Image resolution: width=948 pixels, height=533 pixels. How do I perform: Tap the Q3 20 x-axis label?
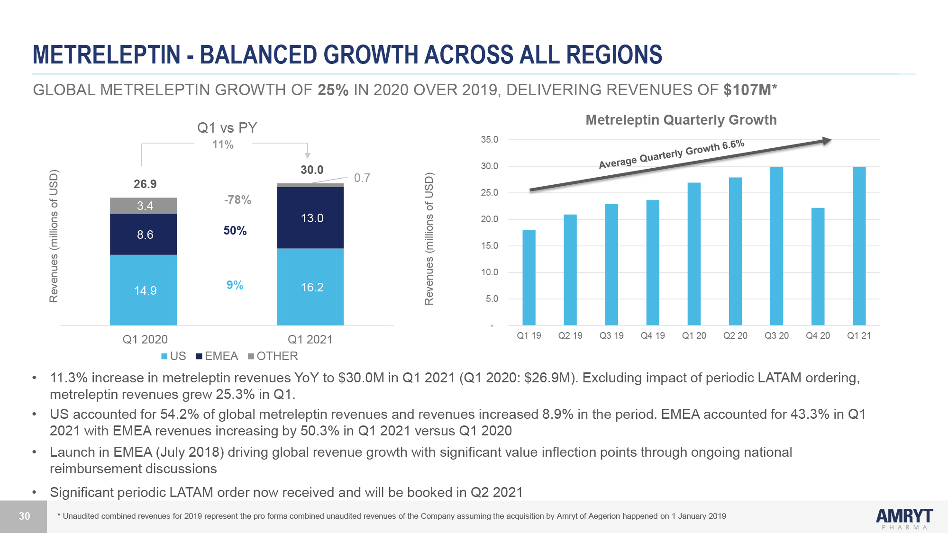pos(776,336)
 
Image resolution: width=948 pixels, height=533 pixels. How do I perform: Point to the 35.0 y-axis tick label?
pos(489,140)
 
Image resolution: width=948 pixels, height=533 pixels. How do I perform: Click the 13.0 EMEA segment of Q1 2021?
pos(310,218)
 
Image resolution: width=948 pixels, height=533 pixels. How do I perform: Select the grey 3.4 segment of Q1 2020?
pos(144,206)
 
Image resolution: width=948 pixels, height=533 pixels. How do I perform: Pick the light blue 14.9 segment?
pos(144,290)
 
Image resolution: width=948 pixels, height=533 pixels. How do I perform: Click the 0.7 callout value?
pos(362,178)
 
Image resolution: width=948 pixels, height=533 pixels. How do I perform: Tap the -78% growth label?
pos(237,200)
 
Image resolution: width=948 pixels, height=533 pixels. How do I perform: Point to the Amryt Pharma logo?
pos(904,518)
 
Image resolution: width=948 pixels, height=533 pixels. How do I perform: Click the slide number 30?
pos(24,516)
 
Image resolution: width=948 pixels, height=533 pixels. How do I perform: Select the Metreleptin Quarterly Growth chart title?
pos(681,120)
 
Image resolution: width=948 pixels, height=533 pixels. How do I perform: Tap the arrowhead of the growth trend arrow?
pos(827,140)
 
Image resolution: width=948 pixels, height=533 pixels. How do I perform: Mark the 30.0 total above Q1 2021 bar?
pos(312,170)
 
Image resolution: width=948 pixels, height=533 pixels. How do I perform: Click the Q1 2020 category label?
pos(145,340)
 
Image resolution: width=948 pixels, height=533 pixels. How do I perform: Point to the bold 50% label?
pos(235,231)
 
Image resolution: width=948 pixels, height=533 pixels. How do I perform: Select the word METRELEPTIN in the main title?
pos(107,54)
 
